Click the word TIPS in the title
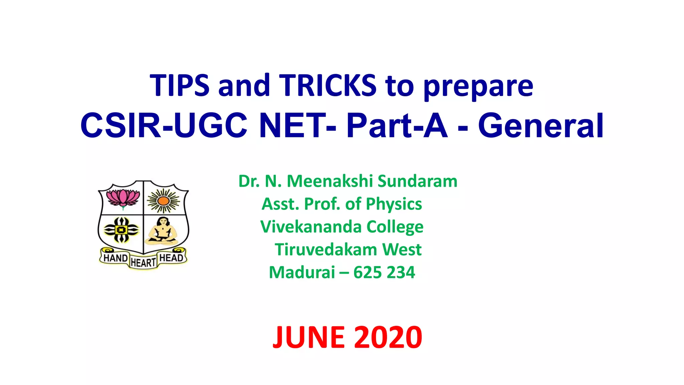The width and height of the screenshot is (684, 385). (x=180, y=86)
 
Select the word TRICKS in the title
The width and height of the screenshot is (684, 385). (x=328, y=86)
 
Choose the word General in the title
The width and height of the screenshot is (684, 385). (x=541, y=126)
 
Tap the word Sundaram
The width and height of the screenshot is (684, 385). (x=417, y=181)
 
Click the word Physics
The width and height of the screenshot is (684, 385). (x=394, y=204)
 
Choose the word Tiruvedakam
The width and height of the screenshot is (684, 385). (x=326, y=250)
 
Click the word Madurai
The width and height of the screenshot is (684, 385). (x=302, y=272)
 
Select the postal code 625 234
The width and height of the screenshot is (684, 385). (x=384, y=272)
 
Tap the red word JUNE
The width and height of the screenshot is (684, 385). (x=309, y=338)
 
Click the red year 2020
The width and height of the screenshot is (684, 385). (x=388, y=338)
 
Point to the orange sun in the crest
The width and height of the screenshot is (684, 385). (x=163, y=201)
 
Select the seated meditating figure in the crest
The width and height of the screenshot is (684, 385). (x=163, y=231)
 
